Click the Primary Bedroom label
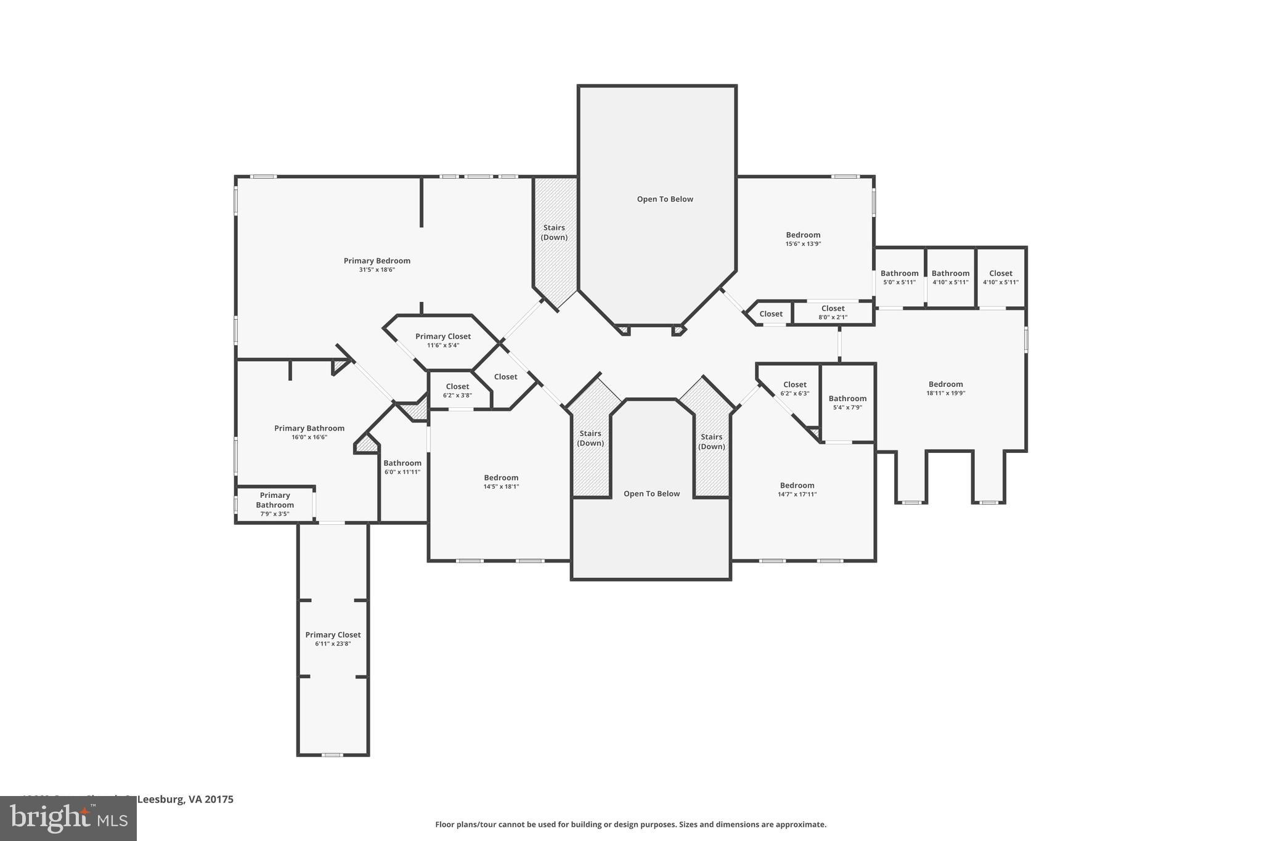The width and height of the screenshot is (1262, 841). click(377, 261)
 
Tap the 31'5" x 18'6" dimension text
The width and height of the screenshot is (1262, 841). click(377, 270)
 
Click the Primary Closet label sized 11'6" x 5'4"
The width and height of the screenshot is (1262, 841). click(442, 336)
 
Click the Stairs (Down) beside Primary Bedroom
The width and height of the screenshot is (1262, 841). click(554, 232)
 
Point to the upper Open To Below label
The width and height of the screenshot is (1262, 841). click(665, 199)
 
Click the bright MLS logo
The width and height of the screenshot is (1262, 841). click(68, 818)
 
